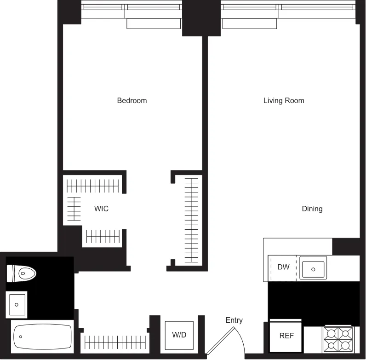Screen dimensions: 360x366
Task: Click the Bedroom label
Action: click(x=132, y=100)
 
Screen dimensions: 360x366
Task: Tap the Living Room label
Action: click(x=284, y=100)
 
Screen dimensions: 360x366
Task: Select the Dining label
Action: click(x=312, y=209)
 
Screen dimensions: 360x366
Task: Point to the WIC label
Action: click(x=101, y=209)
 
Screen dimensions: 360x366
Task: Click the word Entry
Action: click(x=234, y=320)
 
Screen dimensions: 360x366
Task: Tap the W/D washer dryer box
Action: click(x=179, y=335)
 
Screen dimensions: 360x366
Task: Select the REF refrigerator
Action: click(x=286, y=336)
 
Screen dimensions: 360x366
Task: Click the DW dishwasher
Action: click(x=283, y=267)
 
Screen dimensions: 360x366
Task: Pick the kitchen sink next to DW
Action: click(x=313, y=268)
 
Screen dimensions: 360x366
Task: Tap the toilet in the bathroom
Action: click(x=21, y=274)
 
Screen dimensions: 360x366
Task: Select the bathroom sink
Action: click(x=17, y=304)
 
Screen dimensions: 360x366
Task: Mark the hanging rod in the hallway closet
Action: click(x=115, y=342)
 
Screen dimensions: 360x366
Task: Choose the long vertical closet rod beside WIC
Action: click(x=191, y=220)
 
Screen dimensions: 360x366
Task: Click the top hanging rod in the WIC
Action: click(x=93, y=186)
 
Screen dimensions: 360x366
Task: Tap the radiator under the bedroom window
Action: click(x=154, y=23)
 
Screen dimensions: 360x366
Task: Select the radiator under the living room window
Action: click(x=249, y=23)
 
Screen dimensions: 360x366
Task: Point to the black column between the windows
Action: click(x=194, y=18)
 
